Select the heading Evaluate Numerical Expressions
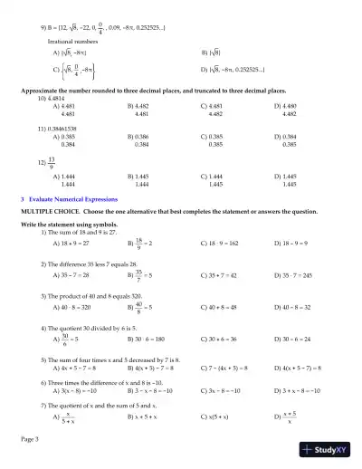pyautogui.click(x=85, y=197)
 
